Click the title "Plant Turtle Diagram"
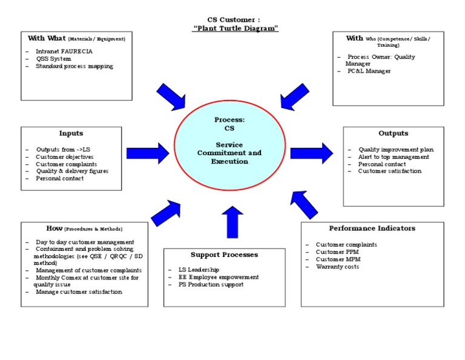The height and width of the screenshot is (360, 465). pyautogui.click(x=235, y=28)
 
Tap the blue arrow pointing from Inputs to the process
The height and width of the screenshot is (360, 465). pyautogui.click(x=156, y=153)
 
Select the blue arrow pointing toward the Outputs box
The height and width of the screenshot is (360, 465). pyautogui.click(x=311, y=153)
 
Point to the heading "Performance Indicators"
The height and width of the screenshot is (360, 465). pyautogui.click(x=372, y=228)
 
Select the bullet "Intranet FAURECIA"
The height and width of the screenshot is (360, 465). pyautogui.click(x=64, y=52)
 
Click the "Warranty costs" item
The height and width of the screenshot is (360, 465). pyautogui.click(x=337, y=267)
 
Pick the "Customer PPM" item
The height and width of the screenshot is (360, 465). pyautogui.click(x=337, y=252)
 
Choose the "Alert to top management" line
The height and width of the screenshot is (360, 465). pyautogui.click(x=394, y=157)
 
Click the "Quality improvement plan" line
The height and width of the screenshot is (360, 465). pyautogui.click(x=395, y=150)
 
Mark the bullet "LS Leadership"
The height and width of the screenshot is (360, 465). pyautogui.click(x=194, y=270)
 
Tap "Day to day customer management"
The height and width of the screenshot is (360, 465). pyautogui.click(x=85, y=242)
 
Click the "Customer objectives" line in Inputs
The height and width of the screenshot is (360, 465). pyautogui.click(x=64, y=157)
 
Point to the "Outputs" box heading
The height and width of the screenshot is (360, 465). pyautogui.click(x=393, y=133)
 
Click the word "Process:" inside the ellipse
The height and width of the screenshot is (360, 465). pyautogui.click(x=229, y=120)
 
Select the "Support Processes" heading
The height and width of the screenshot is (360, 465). pyautogui.click(x=224, y=255)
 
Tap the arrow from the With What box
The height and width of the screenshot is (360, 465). pyautogui.click(x=171, y=96)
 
